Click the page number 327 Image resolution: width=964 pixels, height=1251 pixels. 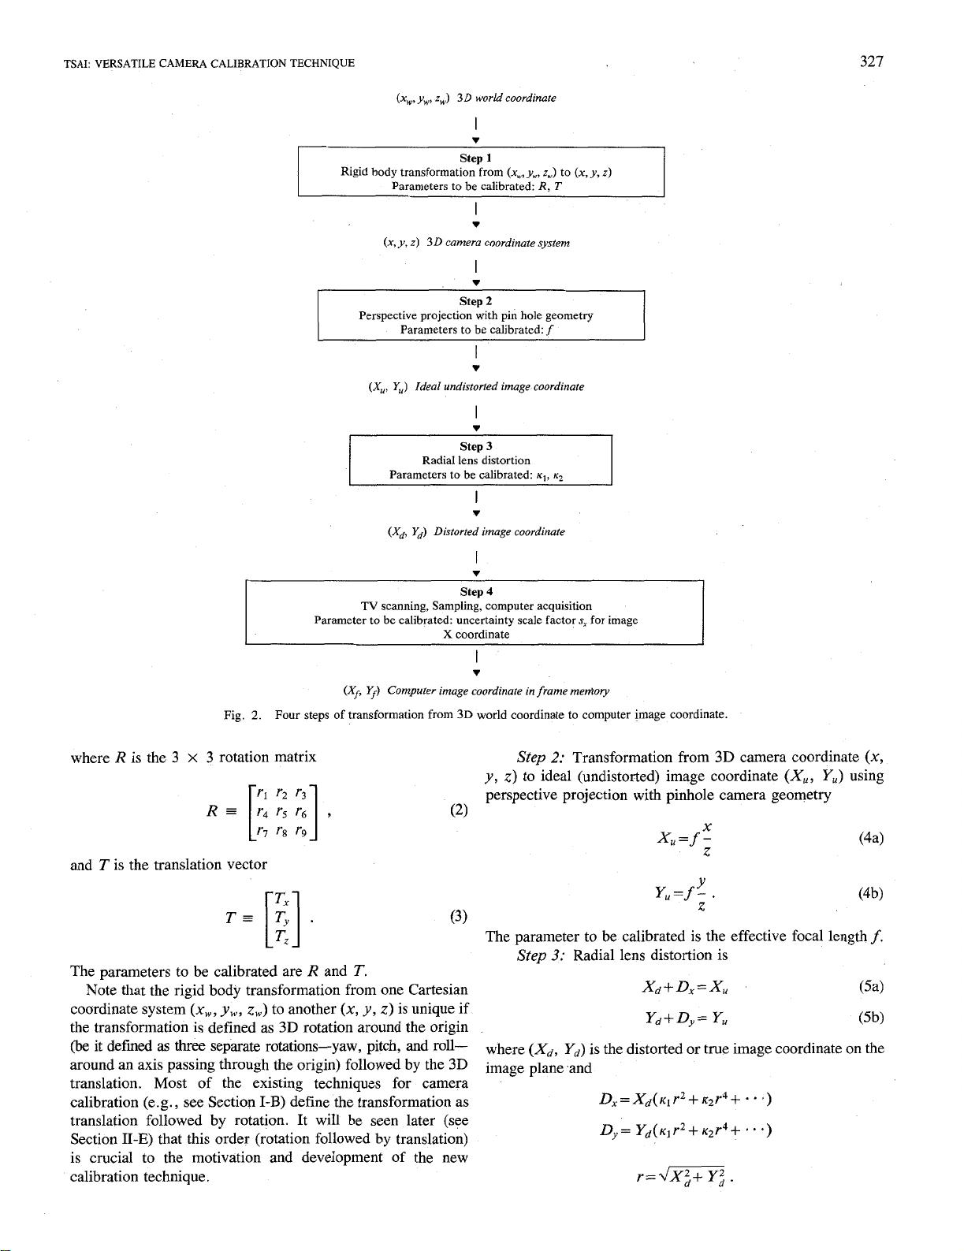tap(871, 62)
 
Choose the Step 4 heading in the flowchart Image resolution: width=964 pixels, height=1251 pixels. tap(475, 591)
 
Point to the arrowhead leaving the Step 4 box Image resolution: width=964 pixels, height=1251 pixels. tap(476, 672)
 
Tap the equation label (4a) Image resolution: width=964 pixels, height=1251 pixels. tap(870, 838)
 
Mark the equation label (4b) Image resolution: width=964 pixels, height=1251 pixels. tap(870, 893)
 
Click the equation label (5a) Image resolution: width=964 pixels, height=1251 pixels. tap(870, 986)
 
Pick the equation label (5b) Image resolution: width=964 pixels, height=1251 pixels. tap(870, 1018)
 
